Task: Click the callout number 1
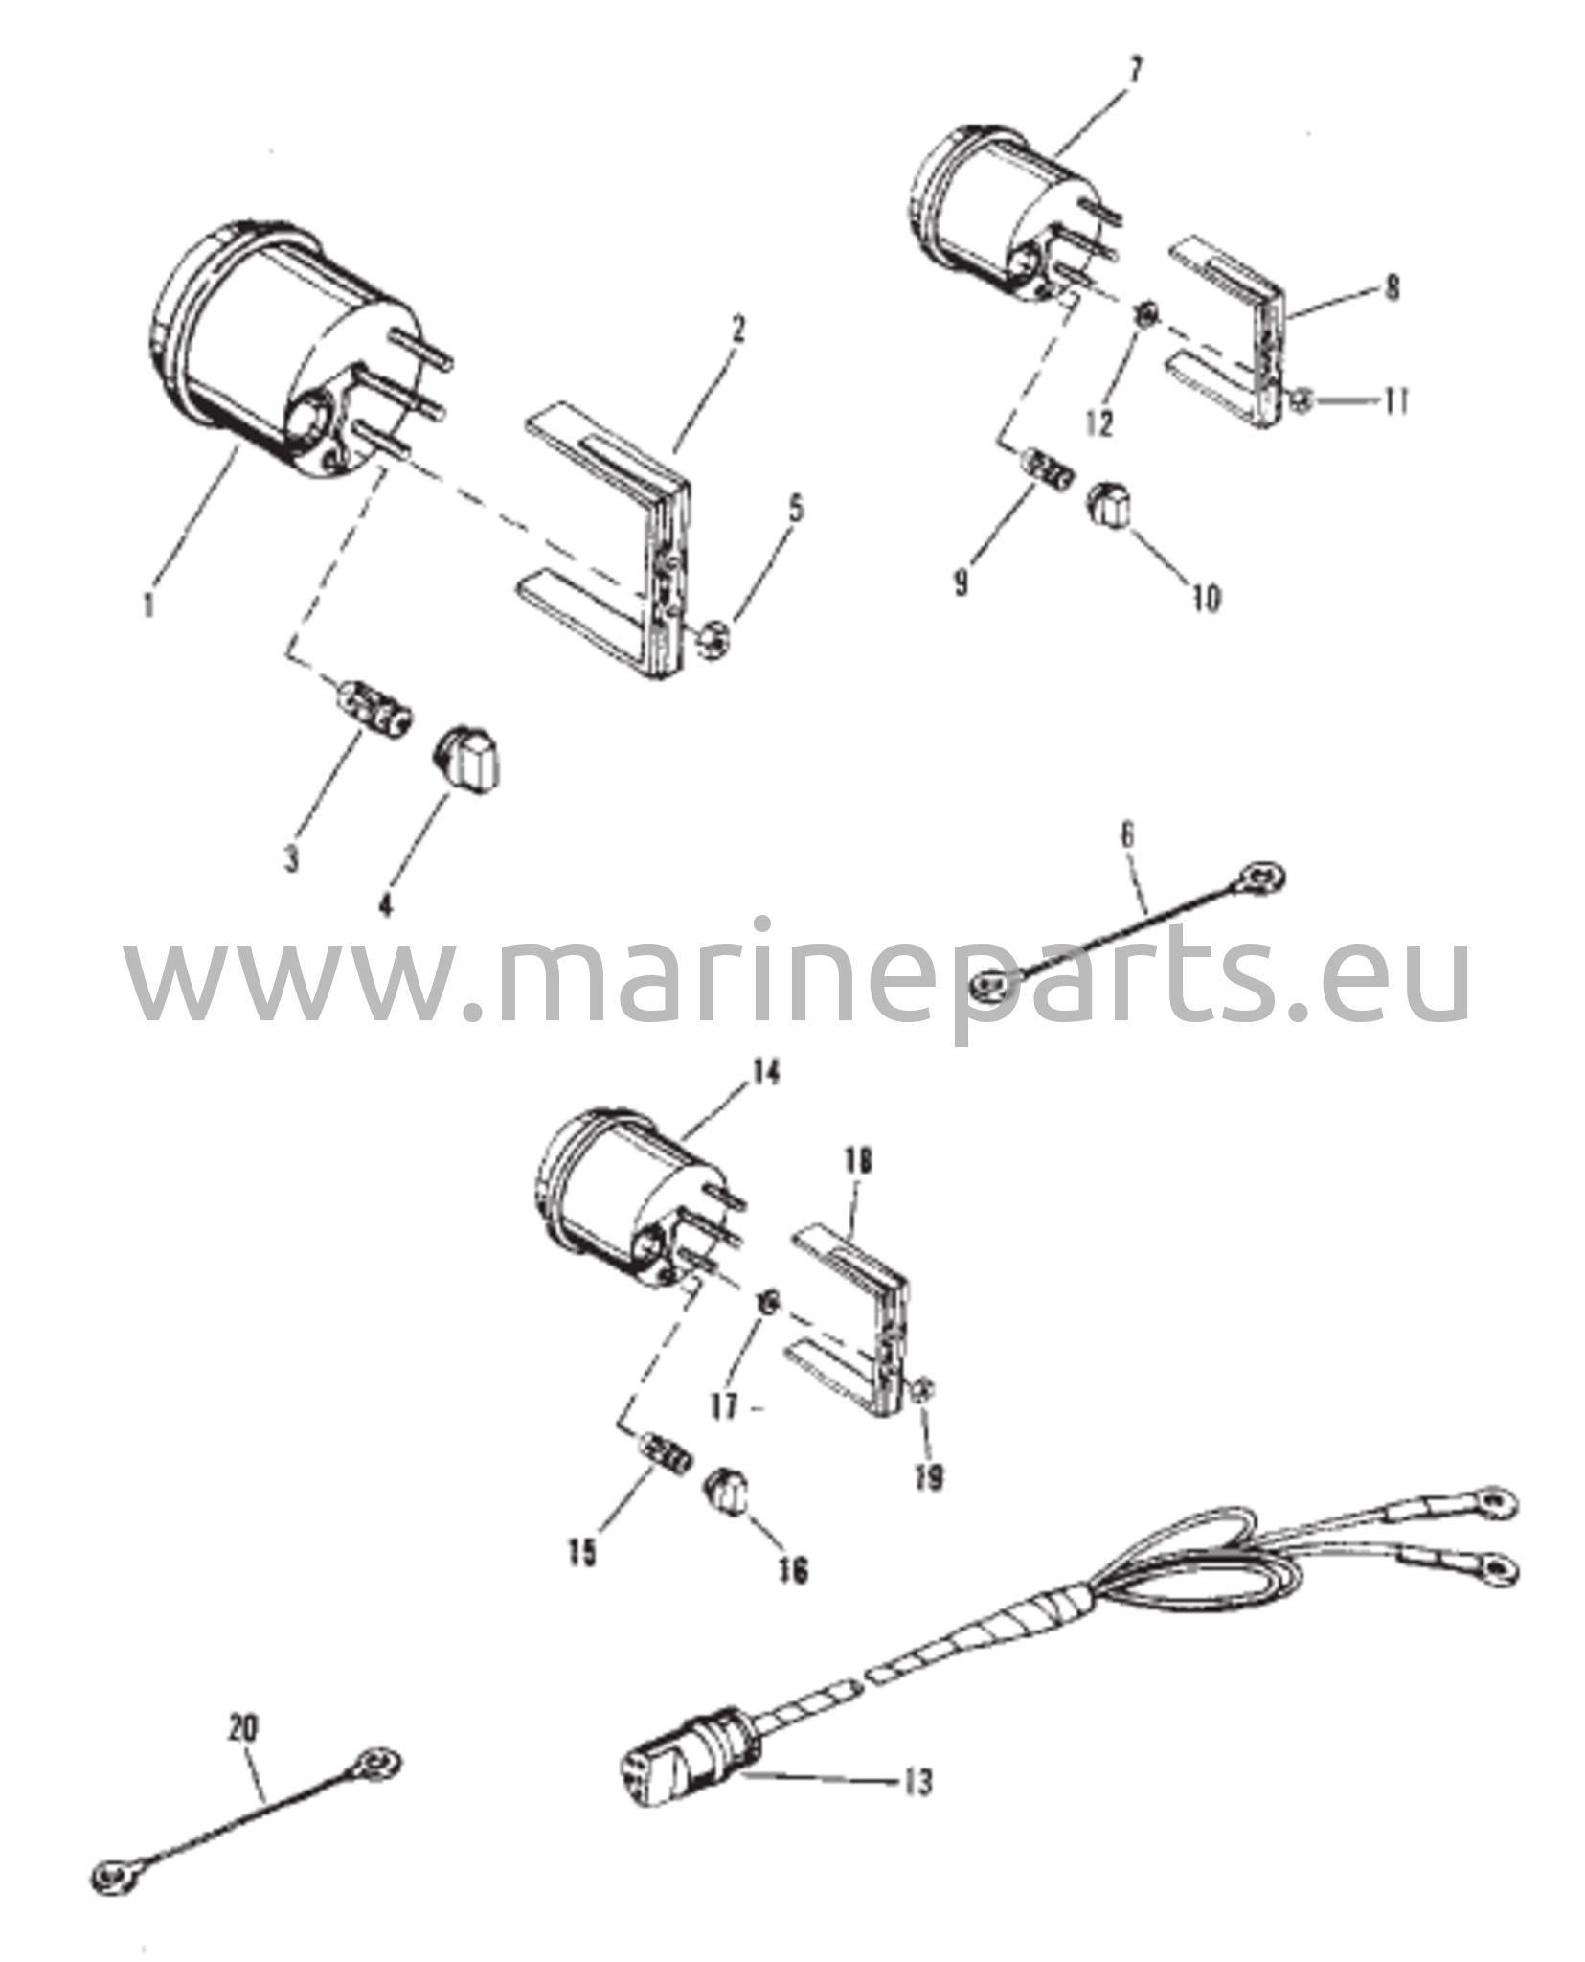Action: [x=147, y=605]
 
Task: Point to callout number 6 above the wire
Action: [x=1127, y=834]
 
